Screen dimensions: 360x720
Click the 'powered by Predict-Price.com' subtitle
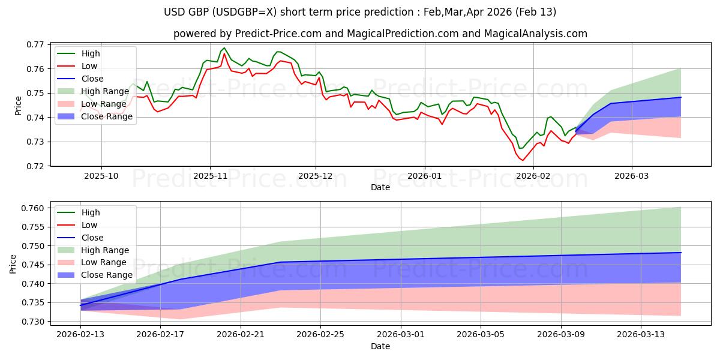380,34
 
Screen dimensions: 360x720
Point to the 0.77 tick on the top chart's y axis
36,44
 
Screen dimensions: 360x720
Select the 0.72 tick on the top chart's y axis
36,166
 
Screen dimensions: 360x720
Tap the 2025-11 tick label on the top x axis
210,176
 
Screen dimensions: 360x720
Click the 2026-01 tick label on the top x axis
424,176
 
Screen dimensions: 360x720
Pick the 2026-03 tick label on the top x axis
631,176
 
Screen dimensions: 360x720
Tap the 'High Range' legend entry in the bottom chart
104,250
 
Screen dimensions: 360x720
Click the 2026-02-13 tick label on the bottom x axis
80,333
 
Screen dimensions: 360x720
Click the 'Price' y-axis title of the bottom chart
13,264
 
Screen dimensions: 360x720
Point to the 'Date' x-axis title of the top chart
380,187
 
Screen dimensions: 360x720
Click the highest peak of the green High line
224,48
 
